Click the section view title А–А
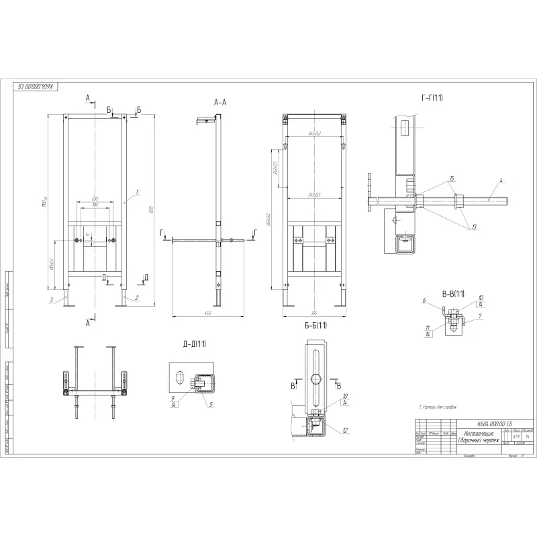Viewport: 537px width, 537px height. (x=219, y=103)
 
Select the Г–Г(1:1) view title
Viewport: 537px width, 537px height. (x=432, y=99)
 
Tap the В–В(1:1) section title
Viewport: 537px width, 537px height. (x=454, y=293)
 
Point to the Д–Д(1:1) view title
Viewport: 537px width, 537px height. (x=194, y=344)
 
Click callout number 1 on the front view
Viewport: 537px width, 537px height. (x=137, y=192)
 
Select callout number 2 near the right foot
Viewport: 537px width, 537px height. (x=137, y=297)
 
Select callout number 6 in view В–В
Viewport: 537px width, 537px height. (x=425, y=302)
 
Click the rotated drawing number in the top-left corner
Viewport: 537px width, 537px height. (x=37, y=86)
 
